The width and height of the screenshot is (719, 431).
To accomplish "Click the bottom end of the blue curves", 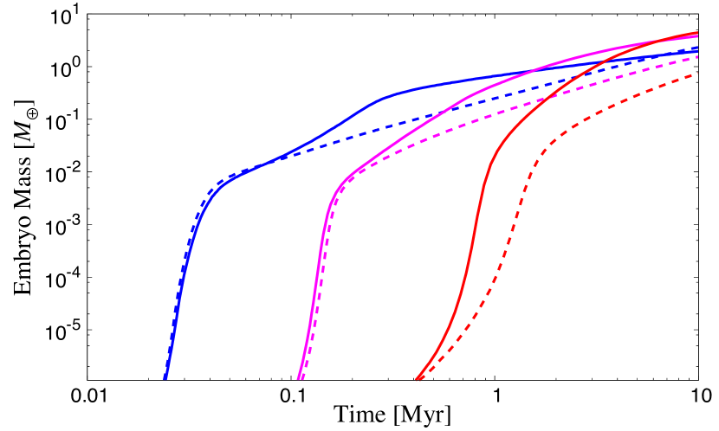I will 165,378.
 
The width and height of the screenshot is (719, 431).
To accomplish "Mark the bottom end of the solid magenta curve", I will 298,378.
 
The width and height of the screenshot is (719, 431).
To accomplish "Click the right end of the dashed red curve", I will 697,74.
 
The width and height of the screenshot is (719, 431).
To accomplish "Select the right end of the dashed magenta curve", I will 697,56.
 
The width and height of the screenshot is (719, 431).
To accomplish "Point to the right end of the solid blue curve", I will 697,49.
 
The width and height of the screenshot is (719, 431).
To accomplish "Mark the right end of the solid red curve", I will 697,33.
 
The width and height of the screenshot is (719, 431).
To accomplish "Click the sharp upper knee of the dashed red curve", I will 541,153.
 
